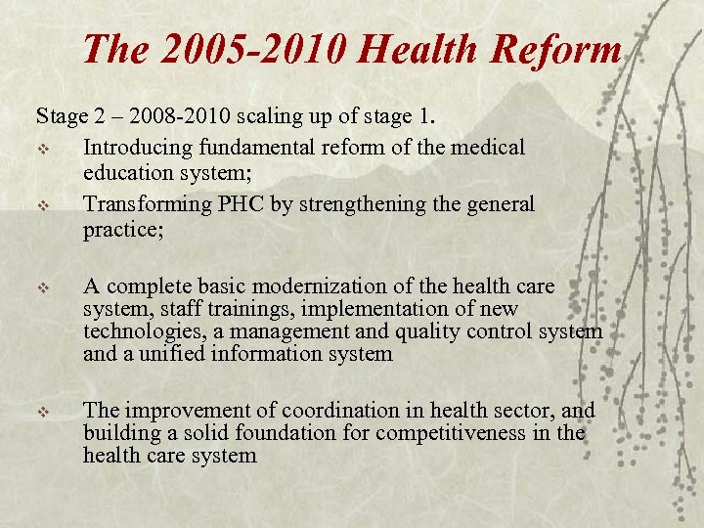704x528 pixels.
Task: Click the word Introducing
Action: (x=139, y=147)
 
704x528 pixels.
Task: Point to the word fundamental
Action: (x=254, y=147)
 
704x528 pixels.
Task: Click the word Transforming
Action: (x=148, y=204)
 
